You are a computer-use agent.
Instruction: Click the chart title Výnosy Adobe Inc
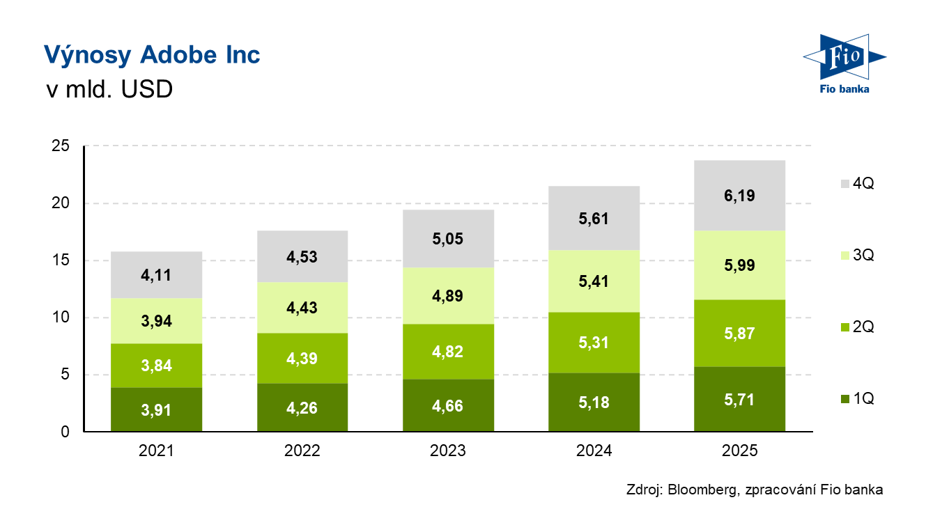[152, 55]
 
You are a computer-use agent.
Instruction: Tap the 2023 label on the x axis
[448, 451]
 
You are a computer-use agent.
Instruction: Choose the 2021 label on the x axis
[156, 451]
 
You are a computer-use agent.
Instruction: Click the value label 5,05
[448, 240]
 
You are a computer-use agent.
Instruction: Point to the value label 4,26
[302, 408]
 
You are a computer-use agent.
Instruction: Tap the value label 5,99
[740, 265]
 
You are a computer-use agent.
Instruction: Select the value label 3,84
[156, 365]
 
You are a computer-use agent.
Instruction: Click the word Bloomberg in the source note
[702, 490]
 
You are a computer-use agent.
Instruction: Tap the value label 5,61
[594, 219]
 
